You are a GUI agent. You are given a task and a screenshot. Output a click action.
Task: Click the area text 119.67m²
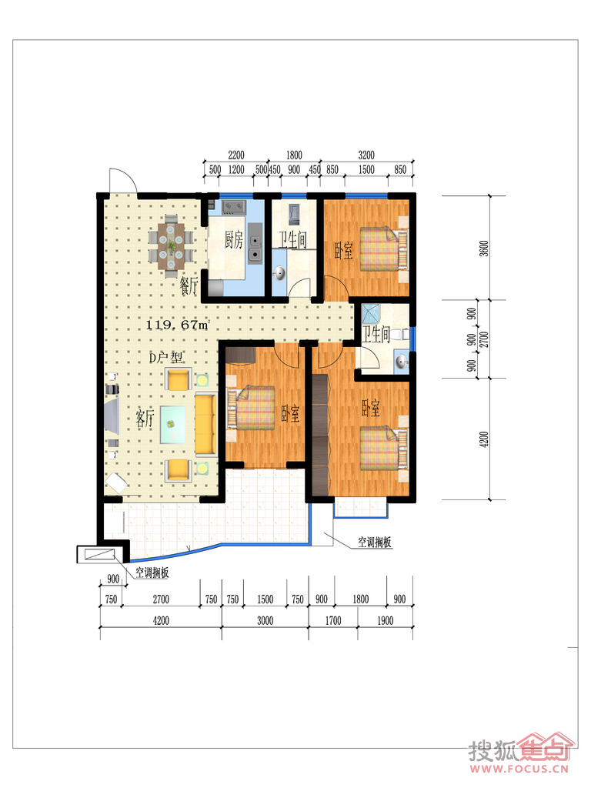click(x=177, y=325)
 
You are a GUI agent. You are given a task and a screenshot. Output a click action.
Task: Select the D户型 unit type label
click(x=166, y=357)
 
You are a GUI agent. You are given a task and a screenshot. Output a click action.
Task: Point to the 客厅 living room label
click(x=145, y=418)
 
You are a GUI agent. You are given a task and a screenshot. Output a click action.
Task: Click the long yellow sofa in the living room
click(x=205, y=424)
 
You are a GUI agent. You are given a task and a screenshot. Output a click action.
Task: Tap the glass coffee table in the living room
click(x=172, y=425)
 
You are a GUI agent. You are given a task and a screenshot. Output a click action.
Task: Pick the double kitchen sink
click(x=255, y=248)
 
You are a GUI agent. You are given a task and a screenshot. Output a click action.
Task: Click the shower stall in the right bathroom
click(x=372, y=313)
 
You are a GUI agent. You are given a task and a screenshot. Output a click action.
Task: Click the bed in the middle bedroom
click(x=252, y=408)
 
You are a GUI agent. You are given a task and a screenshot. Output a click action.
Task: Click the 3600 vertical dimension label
click(x=484, y=249)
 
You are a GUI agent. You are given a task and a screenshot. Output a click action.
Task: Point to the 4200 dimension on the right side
click(x=484, y=439)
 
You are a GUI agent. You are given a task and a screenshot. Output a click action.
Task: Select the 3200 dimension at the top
click(x=366, y=155)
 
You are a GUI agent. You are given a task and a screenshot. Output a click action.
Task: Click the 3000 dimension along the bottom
click(x=265, y=621)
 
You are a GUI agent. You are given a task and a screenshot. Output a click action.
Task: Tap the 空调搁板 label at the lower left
click(x=152, y=573)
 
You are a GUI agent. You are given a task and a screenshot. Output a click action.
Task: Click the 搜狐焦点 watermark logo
click(x=521, y=752)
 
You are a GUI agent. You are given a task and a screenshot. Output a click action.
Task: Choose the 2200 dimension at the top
click(x=236, y=155)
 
